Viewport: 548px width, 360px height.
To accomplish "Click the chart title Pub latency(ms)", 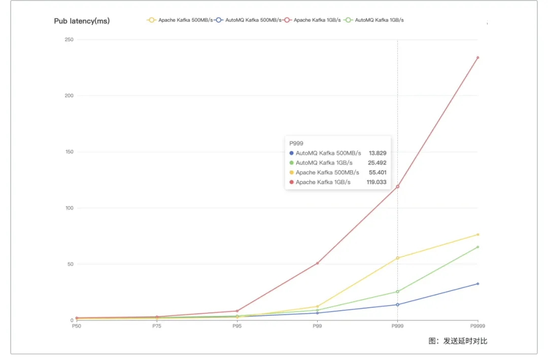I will click(x=82, y=21).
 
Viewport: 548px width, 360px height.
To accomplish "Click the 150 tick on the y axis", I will click(x=70, y=152).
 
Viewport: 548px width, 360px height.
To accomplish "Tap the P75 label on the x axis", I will click(x=157, y=326).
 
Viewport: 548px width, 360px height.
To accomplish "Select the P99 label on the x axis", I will click(x=317, y=326).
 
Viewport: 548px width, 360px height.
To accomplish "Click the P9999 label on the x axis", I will click(x=477, y=326).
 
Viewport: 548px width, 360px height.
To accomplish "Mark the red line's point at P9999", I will click(x=477, y=57).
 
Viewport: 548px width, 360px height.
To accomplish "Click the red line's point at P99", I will click(x=317, y=263).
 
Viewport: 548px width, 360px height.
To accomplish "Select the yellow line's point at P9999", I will click(x=477, y=234).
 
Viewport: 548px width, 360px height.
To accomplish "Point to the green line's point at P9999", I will click(x=477, y=247).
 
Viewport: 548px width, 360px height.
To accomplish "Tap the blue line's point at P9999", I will click(x=477, y=283).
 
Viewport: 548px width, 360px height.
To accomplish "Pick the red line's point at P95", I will click(x=237, y=311).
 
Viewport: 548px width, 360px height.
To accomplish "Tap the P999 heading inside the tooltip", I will click(x=296, y=143).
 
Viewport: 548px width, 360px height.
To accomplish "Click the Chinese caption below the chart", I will click(x=458, y=341).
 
